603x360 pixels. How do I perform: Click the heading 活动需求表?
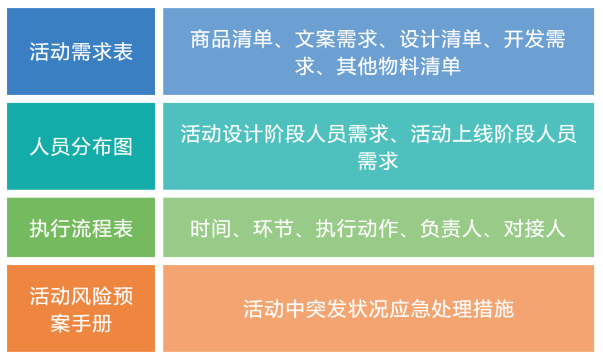[x=81, y=52]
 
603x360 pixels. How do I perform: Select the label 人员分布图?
[x=81, y=147]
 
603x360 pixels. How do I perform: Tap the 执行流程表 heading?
[x=81, y=229]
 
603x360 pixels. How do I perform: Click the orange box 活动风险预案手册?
[x=81, y=309]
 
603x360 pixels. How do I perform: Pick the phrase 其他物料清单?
[x=399, y=66]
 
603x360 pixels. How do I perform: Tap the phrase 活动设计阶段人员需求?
[x=284, y=134]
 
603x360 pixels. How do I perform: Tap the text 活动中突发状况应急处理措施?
[x=378, y=309]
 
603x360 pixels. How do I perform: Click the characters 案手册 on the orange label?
[x=81, y=323]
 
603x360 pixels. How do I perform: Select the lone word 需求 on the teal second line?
[x=378, y=161]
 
